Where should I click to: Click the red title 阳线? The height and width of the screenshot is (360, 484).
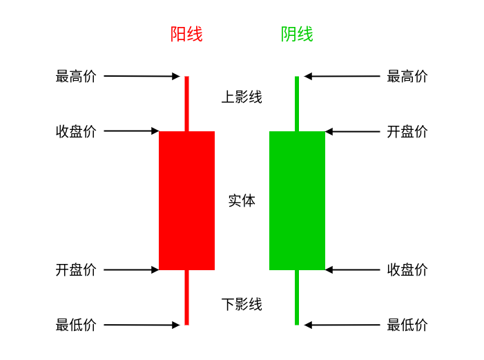click(x=186, y=34)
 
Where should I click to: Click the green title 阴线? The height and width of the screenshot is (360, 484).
click(x=297, y=34)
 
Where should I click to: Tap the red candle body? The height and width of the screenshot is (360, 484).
click(x=186, y=200)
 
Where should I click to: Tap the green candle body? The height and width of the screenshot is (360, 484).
click(x=298, y=200)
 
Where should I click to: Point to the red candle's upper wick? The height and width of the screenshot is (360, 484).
click(x=186, y=104)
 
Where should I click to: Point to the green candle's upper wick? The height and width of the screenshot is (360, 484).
click(x=297, y=104)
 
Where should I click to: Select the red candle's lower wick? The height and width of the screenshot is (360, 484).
click(x=186, y=298)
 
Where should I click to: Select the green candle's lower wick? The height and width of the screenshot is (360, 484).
click(x=297, y=298)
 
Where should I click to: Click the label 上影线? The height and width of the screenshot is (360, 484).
click(x=242, y=97)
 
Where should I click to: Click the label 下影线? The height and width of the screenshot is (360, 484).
click(x=242, y=305)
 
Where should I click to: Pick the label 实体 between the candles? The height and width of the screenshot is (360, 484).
click(x=242, y=201)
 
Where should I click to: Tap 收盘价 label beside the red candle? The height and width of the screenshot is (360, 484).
click(x=76, y=132)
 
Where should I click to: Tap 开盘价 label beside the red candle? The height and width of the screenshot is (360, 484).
click(x=76, y=269)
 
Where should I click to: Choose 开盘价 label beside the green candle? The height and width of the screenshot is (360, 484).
click(x=407, y=132)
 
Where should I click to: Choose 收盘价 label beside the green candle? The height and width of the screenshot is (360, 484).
click(x=407, y=269)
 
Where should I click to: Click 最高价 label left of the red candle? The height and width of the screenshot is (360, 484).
click(x=76, y=76)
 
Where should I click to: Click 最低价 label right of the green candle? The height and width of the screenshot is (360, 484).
click(x=407, y=325)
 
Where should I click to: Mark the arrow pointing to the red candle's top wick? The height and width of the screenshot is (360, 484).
click(x=142, y=76)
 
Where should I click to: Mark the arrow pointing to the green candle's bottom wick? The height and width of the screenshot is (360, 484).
click(x=342, y=325)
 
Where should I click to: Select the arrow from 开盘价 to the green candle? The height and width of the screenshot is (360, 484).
click(x=353, y=132)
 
